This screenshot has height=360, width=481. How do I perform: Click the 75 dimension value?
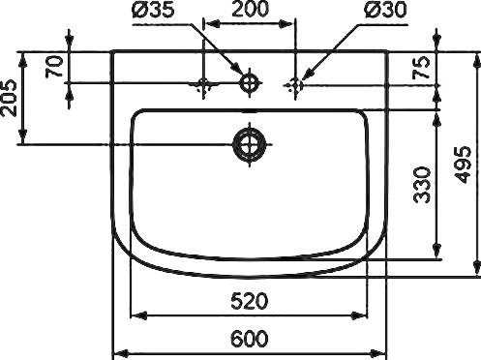(420, 68)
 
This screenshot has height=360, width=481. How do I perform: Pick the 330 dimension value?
(420, 184)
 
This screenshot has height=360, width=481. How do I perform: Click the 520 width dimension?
(250, 302)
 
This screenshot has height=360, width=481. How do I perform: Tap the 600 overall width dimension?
(250, 339)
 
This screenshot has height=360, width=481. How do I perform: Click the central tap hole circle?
(250, 84)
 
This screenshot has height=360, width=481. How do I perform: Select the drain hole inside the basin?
(250, 145)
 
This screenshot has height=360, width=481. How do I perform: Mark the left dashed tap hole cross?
(204, 85)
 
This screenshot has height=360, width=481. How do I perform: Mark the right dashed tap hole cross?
(296, 85)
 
